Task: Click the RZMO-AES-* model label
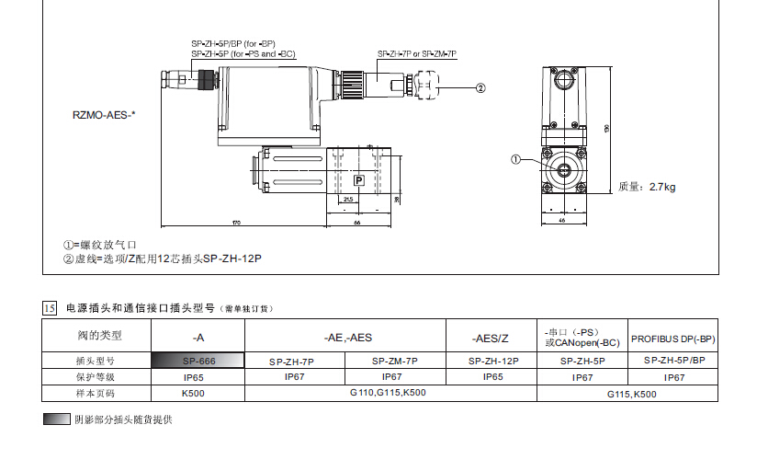coord(104,116)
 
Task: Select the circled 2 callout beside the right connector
coord(480,88)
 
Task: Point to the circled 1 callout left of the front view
coord(515,159)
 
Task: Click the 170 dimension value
coord(236,224)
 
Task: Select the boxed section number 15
coord(51,307)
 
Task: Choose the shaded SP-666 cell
coord(198,361)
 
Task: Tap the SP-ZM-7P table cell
coord(395,361)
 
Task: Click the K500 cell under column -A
coord(195,393)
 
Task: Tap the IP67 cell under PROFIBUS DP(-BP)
coord(673,377)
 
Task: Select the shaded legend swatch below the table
coord(56,419)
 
